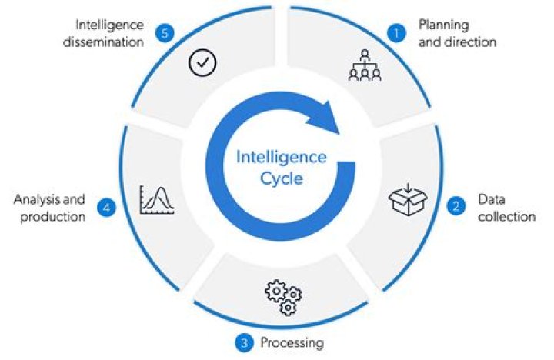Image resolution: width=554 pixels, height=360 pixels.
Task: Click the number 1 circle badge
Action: [396, 32]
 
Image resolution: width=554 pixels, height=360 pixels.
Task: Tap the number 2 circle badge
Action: [456, 206]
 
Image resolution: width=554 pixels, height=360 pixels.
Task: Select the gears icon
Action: [283, 298]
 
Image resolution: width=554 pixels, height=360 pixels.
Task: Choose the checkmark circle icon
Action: [202, 64]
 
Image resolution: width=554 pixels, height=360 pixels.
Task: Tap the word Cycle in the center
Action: [280, 179]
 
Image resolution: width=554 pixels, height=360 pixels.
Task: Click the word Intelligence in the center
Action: [280, 158]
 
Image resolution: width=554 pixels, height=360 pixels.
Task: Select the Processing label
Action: [292, 342]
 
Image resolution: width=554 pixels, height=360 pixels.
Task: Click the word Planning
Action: [443, 25]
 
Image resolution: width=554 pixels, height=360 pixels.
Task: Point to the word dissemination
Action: [108, 42]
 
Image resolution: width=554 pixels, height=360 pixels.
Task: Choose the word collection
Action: [506, 216]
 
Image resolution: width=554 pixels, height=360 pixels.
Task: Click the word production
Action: [50, 217]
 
